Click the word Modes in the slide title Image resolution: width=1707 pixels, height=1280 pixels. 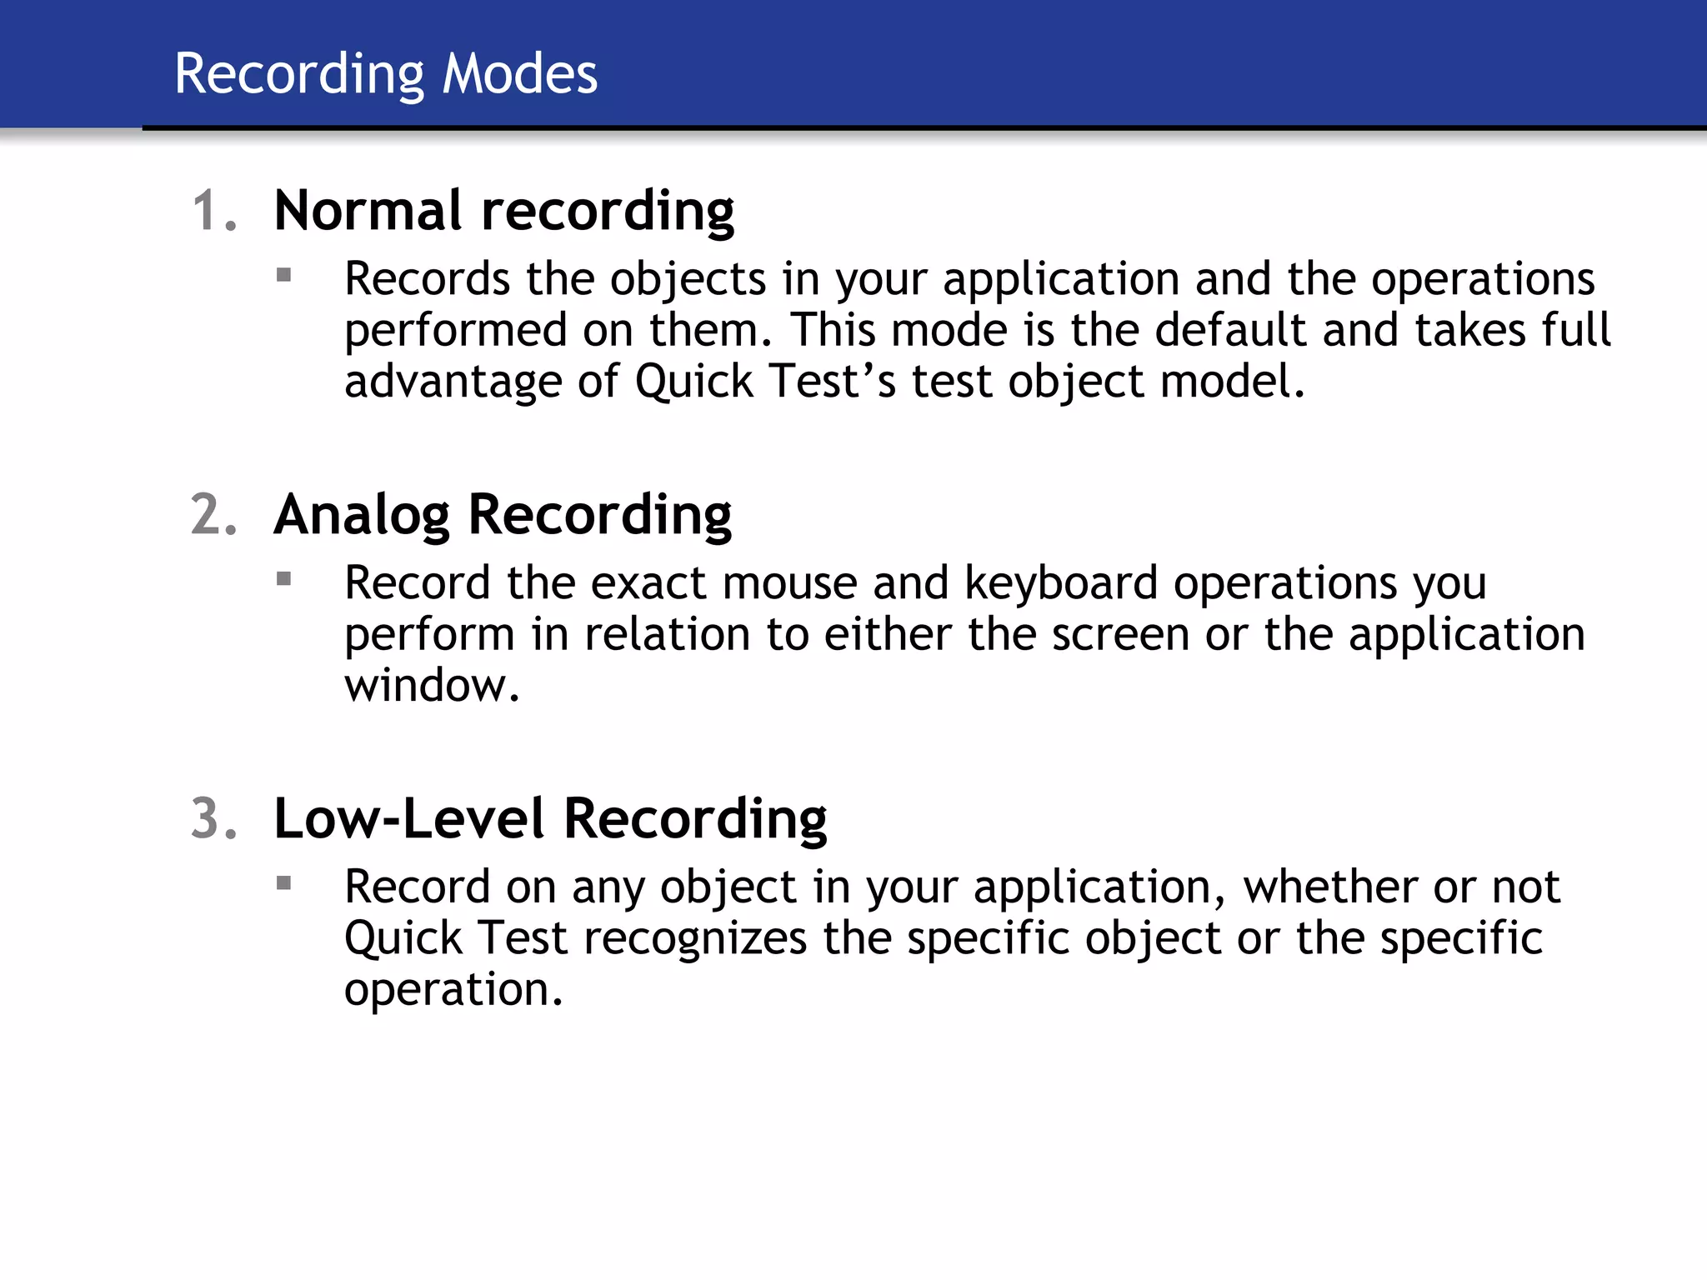click(x=519, y=74)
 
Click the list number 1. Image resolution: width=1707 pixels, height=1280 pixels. click(x=213, y=210)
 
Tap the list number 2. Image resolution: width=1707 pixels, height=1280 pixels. click(x=213, y=514)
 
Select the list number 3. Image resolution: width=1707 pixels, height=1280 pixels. click(x=213, y=818)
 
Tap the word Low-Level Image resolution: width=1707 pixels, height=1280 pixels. click(x=408, y=818)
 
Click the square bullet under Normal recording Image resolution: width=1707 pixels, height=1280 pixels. click(x=284, y=275)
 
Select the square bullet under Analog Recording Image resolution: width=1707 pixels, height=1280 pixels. click(x=284, y=578)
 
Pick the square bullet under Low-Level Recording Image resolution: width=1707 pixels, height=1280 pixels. click(x=284, y=882)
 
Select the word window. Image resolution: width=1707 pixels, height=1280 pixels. click(x=432, y=686)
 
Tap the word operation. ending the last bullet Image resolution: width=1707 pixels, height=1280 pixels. click(x=453, y=990)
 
